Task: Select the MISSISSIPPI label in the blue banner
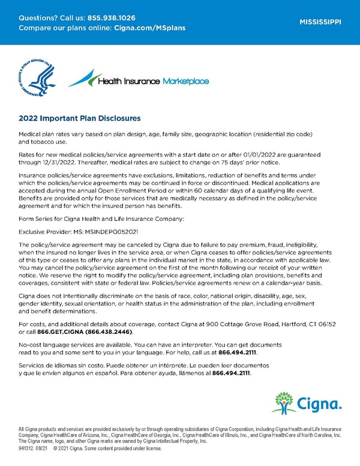point(320,22)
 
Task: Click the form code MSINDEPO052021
point(107,231)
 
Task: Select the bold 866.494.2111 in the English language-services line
point(238,353)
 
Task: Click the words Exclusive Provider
point(43,231)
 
